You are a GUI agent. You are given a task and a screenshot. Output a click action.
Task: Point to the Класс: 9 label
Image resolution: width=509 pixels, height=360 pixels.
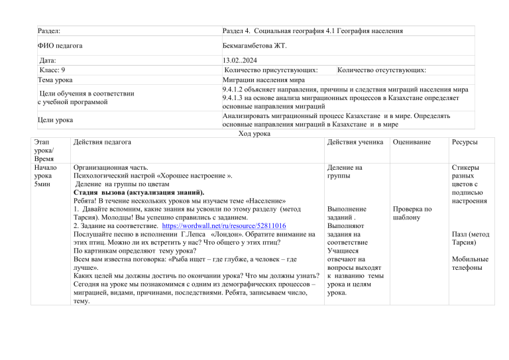tap(52, 70)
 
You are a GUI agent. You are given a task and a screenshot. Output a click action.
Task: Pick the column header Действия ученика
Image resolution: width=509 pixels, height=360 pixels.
tap(355, 143)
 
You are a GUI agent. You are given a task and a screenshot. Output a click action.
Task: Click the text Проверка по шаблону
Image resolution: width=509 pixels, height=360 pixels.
tap(412, 213)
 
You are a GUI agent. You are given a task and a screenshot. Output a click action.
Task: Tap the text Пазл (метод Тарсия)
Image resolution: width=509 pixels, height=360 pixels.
tap(470, 238)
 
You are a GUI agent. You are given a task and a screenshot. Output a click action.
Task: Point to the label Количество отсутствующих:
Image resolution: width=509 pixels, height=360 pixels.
tap(382, 70)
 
